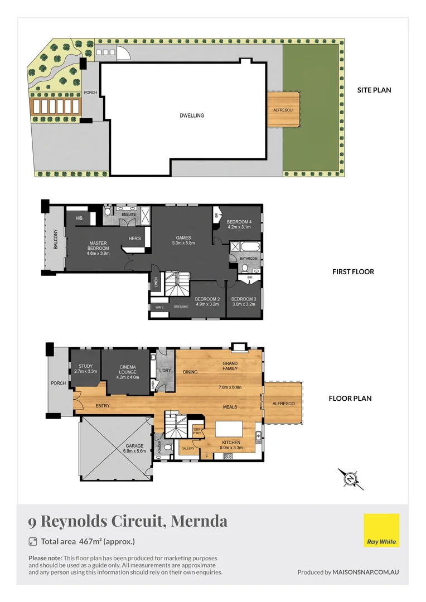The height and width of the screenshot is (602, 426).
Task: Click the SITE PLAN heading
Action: pos(374,90)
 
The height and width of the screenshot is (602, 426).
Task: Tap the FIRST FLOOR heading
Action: pos(353,272)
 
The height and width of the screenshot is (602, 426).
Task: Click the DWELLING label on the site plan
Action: pos(192,116)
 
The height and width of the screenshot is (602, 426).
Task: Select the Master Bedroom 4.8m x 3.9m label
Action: pos(98,248)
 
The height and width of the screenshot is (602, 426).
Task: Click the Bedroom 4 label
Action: pos(239,222)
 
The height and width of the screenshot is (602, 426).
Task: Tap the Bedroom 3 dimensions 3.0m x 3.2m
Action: pos(243,304)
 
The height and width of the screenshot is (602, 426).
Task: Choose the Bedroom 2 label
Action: pos(207,299)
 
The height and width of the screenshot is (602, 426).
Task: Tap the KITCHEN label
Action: pos(230,443)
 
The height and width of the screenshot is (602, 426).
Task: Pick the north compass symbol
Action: pos(350,479)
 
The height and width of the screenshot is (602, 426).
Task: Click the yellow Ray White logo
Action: pos(381,530)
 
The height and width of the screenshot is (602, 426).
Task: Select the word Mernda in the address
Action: pos(199,521)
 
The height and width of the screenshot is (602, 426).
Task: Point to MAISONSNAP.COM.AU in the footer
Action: pos(366,572)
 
